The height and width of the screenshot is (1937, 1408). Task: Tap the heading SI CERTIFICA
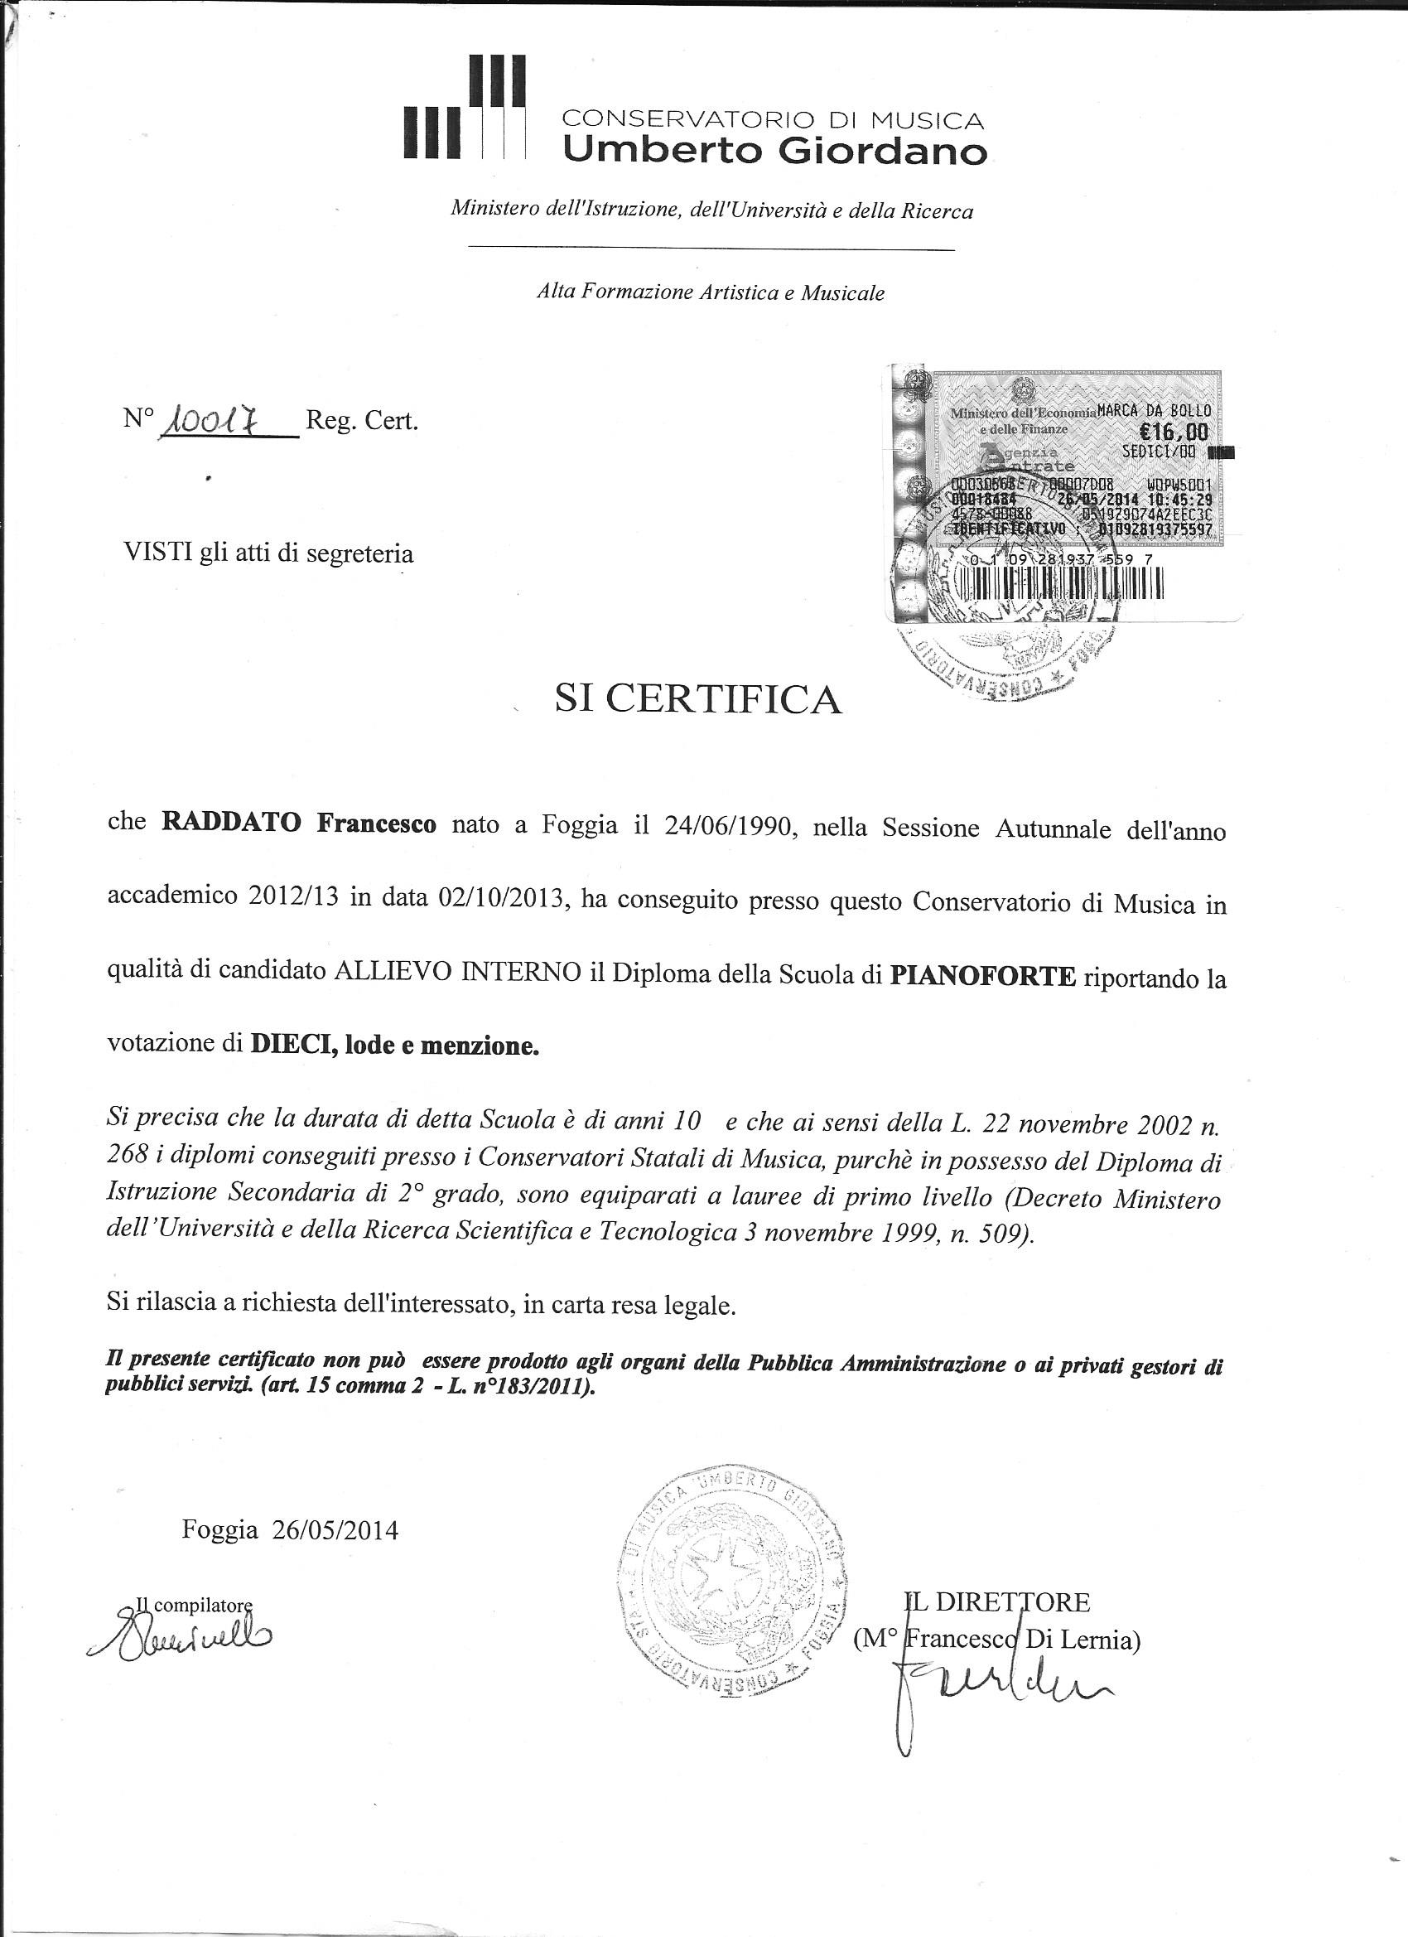[x=697, y=699]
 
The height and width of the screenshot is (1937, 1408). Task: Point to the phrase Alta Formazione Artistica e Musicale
[x=711, y=293]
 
